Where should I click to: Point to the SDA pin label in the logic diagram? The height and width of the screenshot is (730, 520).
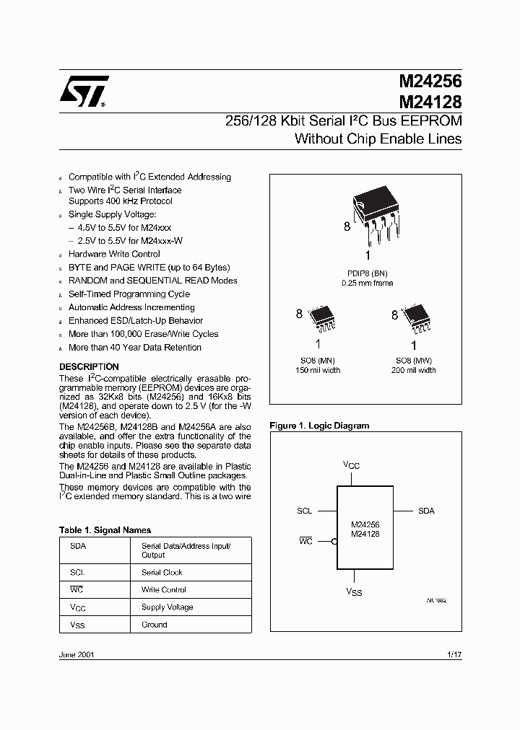point(426,511)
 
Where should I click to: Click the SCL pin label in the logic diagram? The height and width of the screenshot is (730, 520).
point(305,511)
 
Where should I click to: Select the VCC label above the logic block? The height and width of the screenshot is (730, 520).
point(351,466)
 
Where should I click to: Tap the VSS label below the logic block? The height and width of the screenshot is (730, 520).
point(353,592)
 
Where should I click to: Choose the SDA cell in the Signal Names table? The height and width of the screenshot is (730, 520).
point(78,546)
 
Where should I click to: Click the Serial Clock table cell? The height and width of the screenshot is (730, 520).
point(162,572)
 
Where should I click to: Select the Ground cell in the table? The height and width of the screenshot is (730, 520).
point(155,625)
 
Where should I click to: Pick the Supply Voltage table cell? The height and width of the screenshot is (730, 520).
point(168,607)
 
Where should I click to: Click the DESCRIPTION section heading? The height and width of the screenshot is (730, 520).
point(89,366)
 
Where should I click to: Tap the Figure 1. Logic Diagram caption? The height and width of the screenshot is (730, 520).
point(319,426)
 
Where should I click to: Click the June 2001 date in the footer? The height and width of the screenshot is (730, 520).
point(76,654)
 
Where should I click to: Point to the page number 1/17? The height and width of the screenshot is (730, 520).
point(454,654)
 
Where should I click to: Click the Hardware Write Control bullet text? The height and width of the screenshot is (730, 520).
point(114,254)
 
